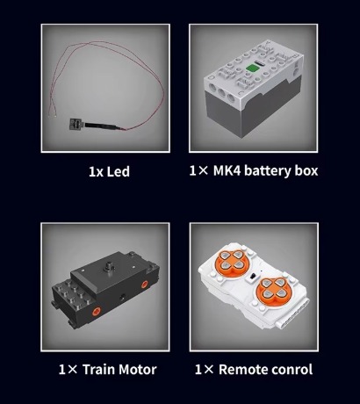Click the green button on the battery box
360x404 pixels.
[x=250, y=68]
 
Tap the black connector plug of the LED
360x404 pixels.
[x=76, y=125]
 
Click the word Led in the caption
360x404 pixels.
[x=118, y=171]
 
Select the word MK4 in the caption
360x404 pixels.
[x=227, y=170]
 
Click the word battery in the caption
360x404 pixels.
[x=267, y=171]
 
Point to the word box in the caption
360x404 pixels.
[x=306, y=170]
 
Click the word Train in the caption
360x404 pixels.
[x=98, y=370]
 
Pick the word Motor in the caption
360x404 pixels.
[x=138, y=370]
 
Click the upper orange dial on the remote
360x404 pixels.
[x=232, y=261]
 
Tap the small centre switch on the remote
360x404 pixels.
[x=253, y=276]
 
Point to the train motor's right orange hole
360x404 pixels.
[x=144, y=285]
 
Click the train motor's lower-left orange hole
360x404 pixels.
[x=96, y=311]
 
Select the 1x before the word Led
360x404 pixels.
[x=96, y=172]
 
